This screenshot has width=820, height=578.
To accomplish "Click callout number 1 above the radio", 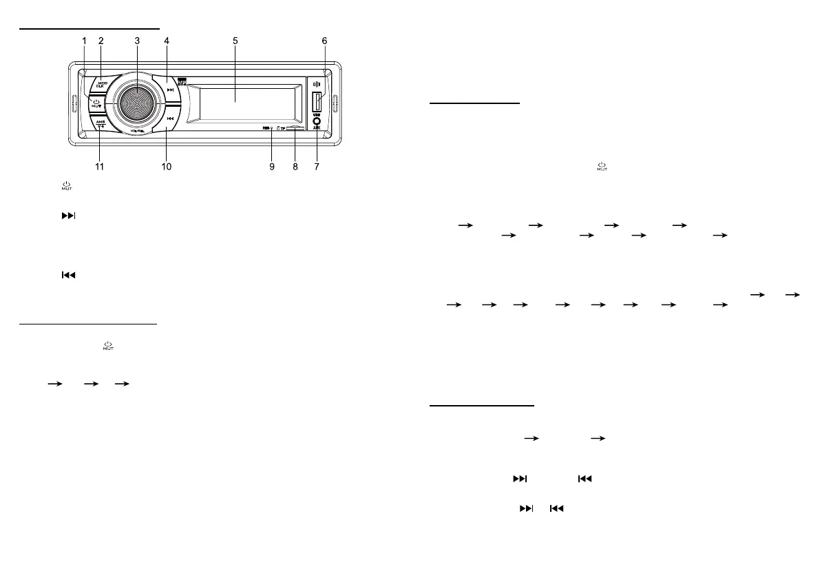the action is click(x=85, y=41).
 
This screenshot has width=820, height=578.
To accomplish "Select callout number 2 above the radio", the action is click(x=101, y=41).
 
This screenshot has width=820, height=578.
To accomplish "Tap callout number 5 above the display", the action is click(x=235, y=41).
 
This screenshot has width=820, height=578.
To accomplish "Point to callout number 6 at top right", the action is click(x=324, y=41).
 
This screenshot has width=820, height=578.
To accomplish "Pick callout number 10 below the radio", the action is click(x=166, y=167).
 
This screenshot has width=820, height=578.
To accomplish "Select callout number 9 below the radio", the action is click(x=272, y=167).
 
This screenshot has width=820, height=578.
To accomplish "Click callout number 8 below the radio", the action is click(x=295, y=167).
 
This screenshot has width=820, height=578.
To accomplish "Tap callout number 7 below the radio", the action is click(x=317, y=167).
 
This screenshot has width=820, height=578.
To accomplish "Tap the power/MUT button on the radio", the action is click(x=95, y=104).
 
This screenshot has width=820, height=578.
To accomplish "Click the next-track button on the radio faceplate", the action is click(x=168, y=90).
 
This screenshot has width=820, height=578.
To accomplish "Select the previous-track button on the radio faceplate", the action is click(x=169, y=118).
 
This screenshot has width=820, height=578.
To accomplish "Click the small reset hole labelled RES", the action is click(x=273, y=128).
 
